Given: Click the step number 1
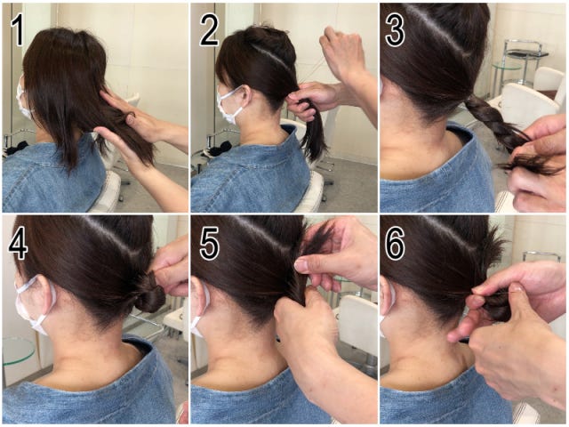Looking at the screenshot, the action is click(18, 31).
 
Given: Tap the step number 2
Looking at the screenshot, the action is click(209, 31).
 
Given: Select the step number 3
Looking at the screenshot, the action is click(395, 31).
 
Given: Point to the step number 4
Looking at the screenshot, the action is click(18, 244).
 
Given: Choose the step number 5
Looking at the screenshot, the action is click(209, 244).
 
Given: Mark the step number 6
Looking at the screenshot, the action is click(395, 244).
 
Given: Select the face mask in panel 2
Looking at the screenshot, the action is click(229, 104).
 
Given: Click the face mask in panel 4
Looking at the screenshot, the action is click(32, 304).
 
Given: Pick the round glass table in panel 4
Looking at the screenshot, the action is click(18, 350).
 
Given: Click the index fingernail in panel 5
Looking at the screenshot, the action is click(301, 264).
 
